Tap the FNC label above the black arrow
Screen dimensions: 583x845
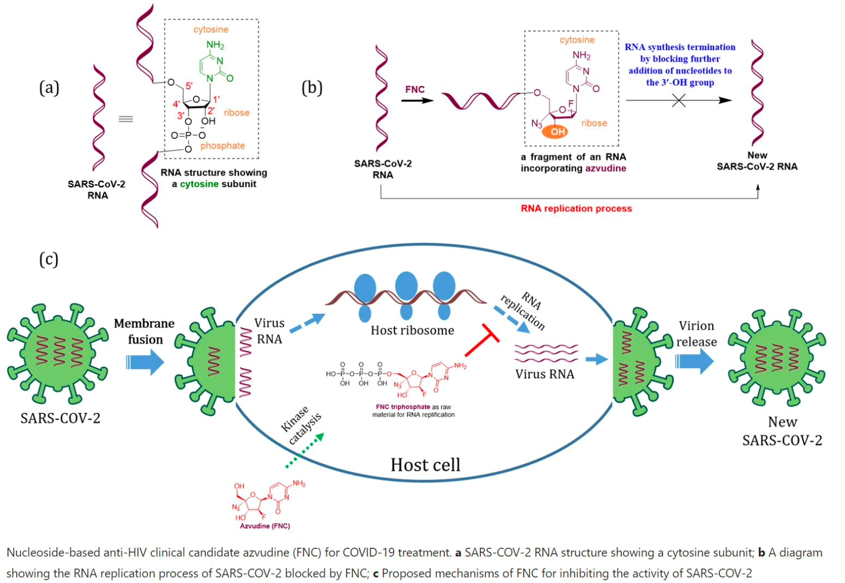tap(415, 89)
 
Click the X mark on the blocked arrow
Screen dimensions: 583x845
tap(678, 100)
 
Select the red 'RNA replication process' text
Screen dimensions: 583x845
tap(576, 209)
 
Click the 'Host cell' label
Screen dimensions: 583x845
tap(425, 465)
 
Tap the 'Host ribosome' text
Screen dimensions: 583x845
tap(412, 331)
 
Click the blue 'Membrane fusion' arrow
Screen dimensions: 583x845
tap(145, 361)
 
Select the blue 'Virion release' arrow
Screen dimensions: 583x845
tap(695, 361)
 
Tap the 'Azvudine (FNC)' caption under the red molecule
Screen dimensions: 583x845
tap(265, 526)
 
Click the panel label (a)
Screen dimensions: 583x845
tap(49, 88)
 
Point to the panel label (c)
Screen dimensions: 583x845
tap(49, 259)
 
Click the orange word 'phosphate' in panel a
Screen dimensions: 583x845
tap(223, 146)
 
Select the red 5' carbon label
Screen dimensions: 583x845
tap(189, 86)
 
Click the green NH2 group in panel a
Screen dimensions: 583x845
tap(214, 46)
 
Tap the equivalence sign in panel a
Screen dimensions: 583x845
tap(126, 119)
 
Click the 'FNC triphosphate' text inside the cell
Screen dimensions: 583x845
tap(402, 407)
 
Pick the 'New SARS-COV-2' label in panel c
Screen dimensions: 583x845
tap(782, 431)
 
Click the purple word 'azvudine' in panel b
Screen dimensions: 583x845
tap(606, 169)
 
